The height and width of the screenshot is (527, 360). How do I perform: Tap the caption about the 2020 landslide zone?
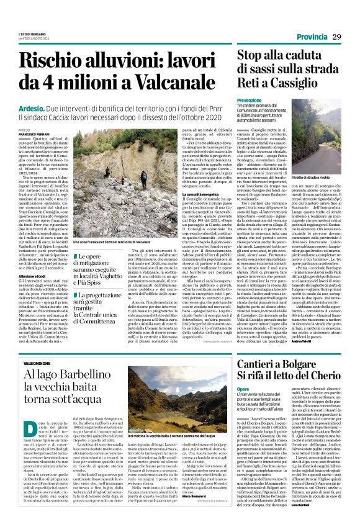108,243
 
